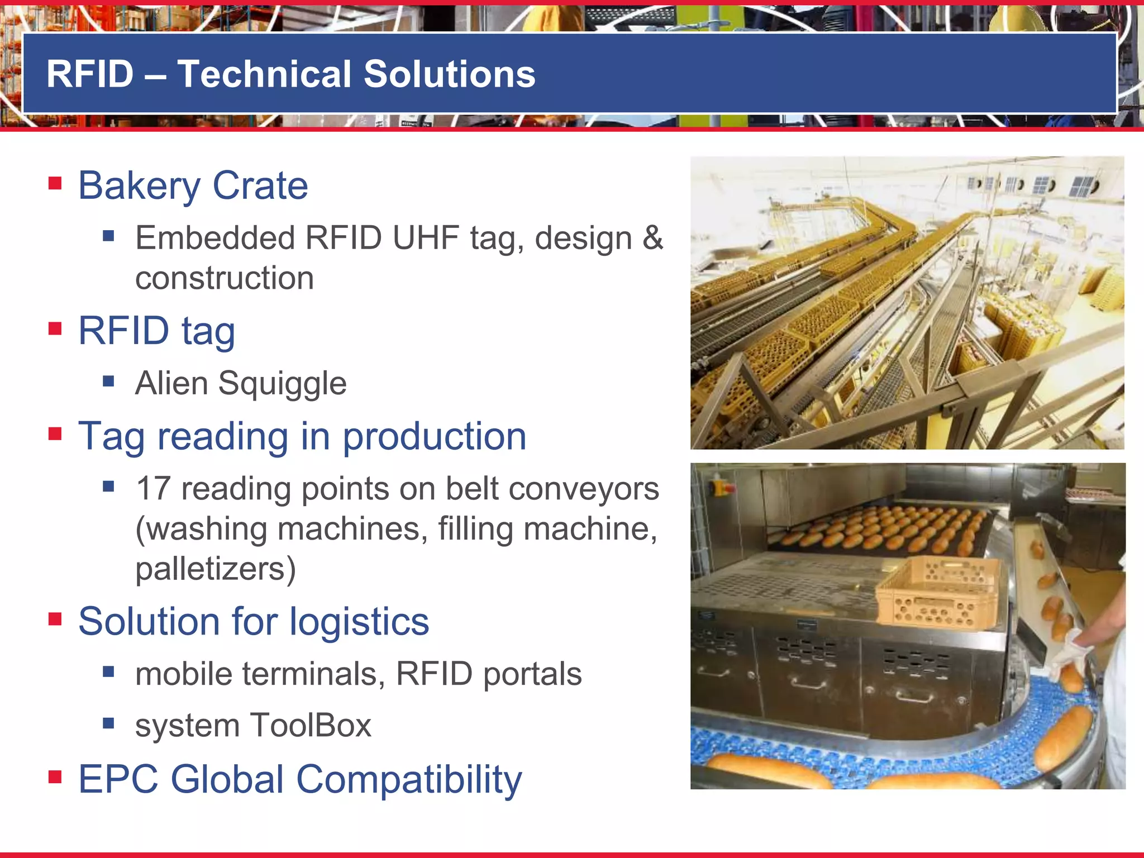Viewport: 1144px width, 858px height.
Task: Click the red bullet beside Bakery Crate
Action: point(55,183)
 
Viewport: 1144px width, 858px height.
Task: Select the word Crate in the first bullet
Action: point(260,185)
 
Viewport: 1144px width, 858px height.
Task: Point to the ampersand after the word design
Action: point(652,238)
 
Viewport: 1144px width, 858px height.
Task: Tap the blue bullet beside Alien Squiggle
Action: point(108,382)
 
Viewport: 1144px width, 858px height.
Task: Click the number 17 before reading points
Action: point(153,489)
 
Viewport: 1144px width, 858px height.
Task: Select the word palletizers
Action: point(215,569)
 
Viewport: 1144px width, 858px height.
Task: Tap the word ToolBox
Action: point(311,726)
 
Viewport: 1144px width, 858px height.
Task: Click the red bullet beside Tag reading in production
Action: point(55,433)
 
